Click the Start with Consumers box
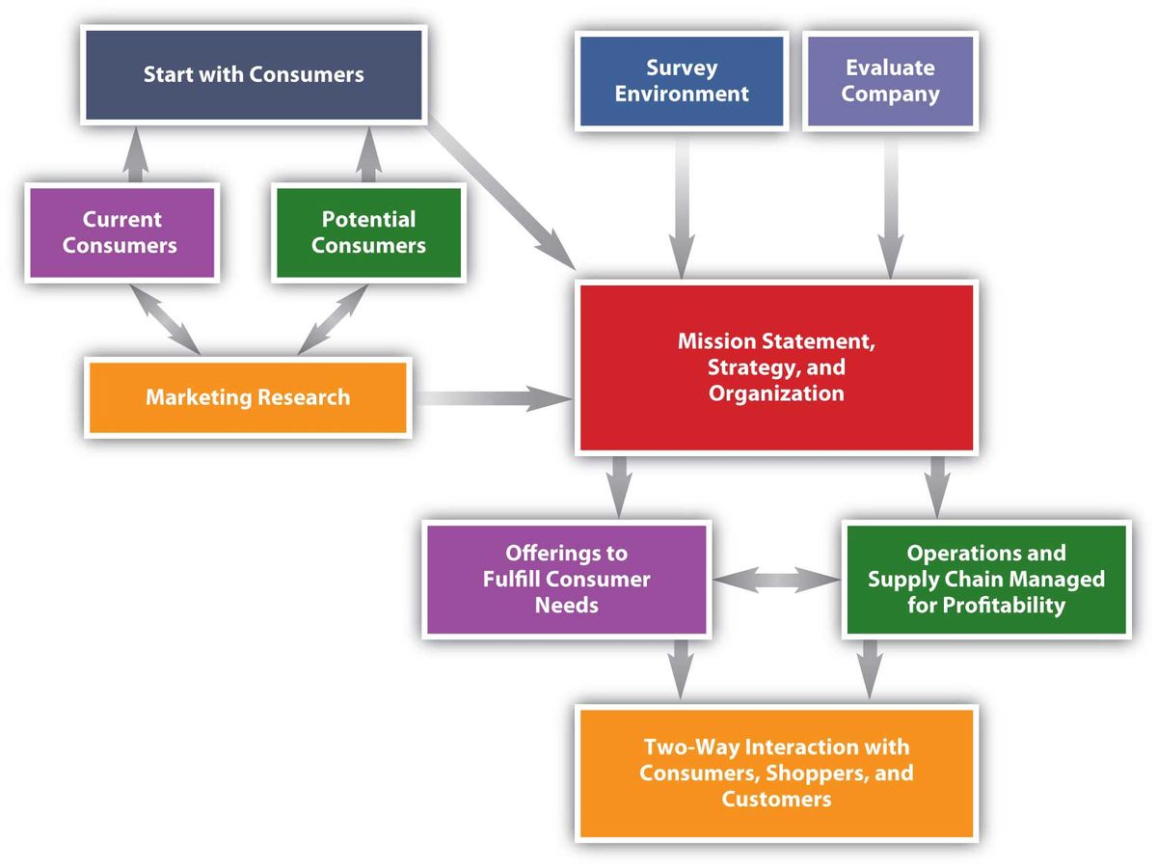point(254,75)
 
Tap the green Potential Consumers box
point(368,232)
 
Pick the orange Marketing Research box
point(248,397)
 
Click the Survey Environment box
point(681,81)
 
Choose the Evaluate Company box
point(890,81)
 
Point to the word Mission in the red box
point(716,341)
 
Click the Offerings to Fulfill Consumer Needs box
point(566,579)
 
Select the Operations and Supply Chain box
point(985,579)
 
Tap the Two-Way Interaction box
point(776,773)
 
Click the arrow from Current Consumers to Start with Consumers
point(135,156)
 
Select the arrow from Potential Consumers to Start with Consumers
point(367,156)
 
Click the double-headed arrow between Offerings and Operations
point(777,580)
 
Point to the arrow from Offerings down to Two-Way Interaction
point(682,667)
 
